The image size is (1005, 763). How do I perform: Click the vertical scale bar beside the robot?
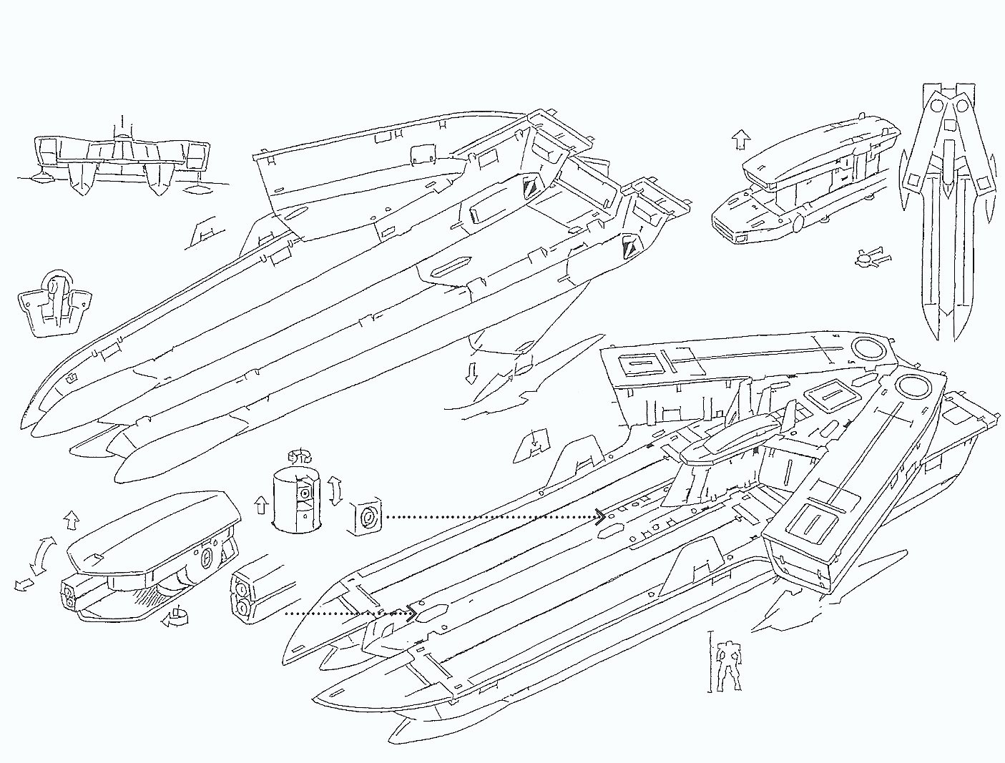(710, 661)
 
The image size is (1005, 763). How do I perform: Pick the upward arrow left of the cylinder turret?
(261, 506)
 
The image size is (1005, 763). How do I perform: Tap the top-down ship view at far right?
(948, 207)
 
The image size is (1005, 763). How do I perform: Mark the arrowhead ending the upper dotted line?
(599, 516)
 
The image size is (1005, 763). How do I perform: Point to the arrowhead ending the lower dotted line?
(411, 613)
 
